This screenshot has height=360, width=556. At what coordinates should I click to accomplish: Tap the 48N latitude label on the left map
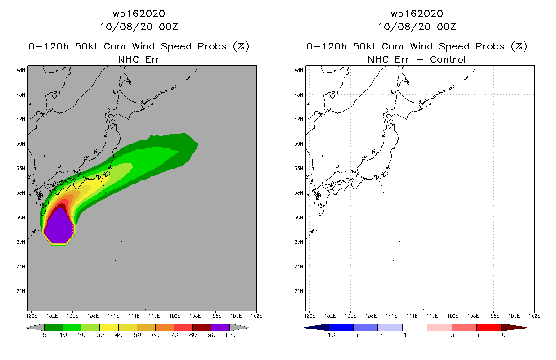[21, 70]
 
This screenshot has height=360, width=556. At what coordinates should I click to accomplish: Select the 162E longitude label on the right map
[534, 316]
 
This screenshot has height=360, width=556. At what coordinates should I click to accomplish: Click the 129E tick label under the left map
[31, 316]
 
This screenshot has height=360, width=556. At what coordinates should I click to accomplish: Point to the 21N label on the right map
[299, 291]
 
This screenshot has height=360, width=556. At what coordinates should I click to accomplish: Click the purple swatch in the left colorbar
[220, 327]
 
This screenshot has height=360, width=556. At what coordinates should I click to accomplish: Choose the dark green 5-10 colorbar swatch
[54, 327]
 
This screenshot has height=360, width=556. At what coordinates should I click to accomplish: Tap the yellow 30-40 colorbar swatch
[109, 327]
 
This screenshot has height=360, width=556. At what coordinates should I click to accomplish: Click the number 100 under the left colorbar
[230, 335]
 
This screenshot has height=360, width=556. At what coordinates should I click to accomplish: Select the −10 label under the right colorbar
[329, 335]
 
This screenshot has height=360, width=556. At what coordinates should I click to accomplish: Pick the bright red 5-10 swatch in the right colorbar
[489, 327]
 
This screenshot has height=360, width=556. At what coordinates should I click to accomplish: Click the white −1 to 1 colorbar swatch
[415, 327]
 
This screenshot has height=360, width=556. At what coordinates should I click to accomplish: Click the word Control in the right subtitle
[448, 59]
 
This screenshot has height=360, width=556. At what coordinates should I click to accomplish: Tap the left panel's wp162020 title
[139, 14]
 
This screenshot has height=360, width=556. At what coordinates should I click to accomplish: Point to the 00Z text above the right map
[446, 27]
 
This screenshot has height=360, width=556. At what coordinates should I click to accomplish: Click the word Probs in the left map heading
[212, 46]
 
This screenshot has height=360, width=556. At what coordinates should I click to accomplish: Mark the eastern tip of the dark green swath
[198, 144]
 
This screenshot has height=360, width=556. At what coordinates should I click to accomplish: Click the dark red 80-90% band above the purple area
[61, 206]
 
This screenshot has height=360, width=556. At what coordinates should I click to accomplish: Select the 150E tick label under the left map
[175, 316]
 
